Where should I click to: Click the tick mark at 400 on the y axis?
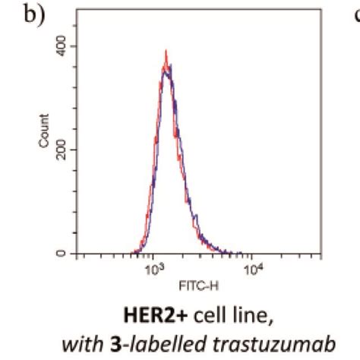[x=74, y=46]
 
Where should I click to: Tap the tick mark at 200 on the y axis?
[x=74, y=150]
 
